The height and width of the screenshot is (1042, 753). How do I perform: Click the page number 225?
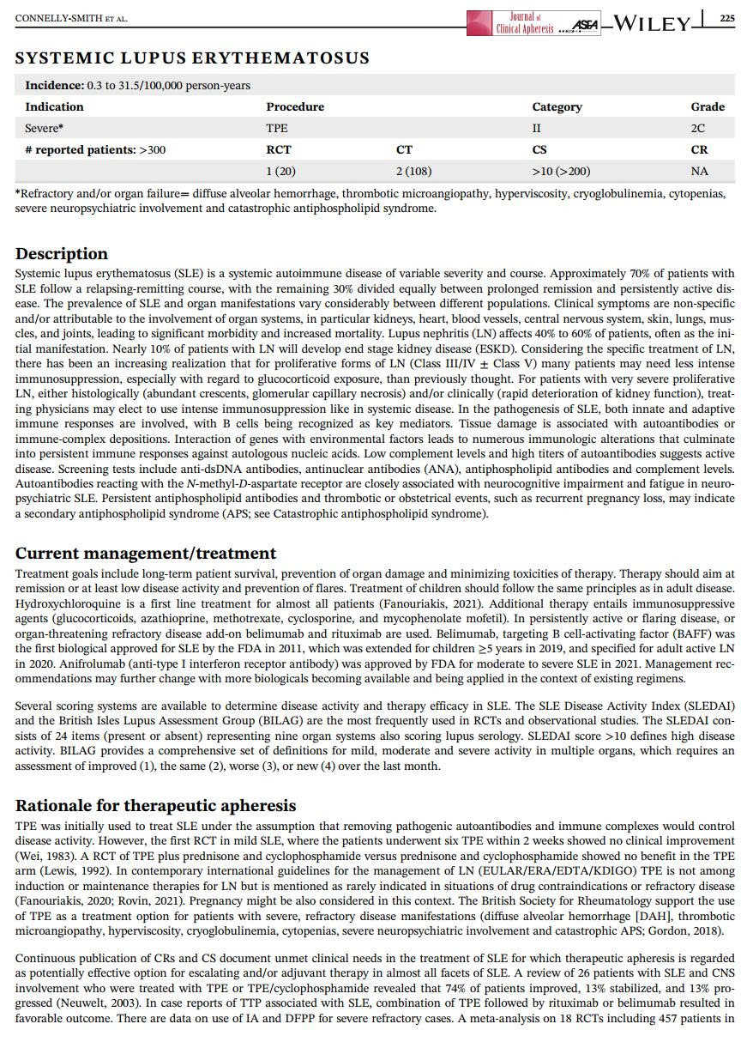pyautogui.click(x=726, y=18)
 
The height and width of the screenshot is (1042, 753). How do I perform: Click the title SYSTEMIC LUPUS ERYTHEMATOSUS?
pyautogui.click(x=192, y=58)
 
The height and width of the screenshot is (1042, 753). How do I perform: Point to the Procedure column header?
pyautogui.click(x=295, y=107)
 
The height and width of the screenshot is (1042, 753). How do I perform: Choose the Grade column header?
pyautogui.click(x=708, y=107)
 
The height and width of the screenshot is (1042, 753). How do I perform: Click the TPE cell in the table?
pyautogui.click(x=277, y=129)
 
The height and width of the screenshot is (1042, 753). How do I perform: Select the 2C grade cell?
pyautogui.click(x=698, y=129)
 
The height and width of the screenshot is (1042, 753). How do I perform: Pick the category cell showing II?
pyautogui.click(x=538, y=129)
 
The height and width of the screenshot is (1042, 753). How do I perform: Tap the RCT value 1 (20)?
pyautogui.click(x=281, y=172)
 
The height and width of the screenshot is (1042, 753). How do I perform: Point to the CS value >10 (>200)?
pyautogui.click(x=561, y=172)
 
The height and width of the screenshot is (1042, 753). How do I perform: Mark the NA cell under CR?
pyautogui.click(x=699, y=172)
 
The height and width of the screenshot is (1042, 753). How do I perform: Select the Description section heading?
pyautogui.click(x=62, y=254)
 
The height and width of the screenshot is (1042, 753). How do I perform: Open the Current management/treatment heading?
pyautogui.click(x=146, y=554)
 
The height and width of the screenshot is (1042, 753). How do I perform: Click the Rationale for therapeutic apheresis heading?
pyautogui.click(x=156, y=806)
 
